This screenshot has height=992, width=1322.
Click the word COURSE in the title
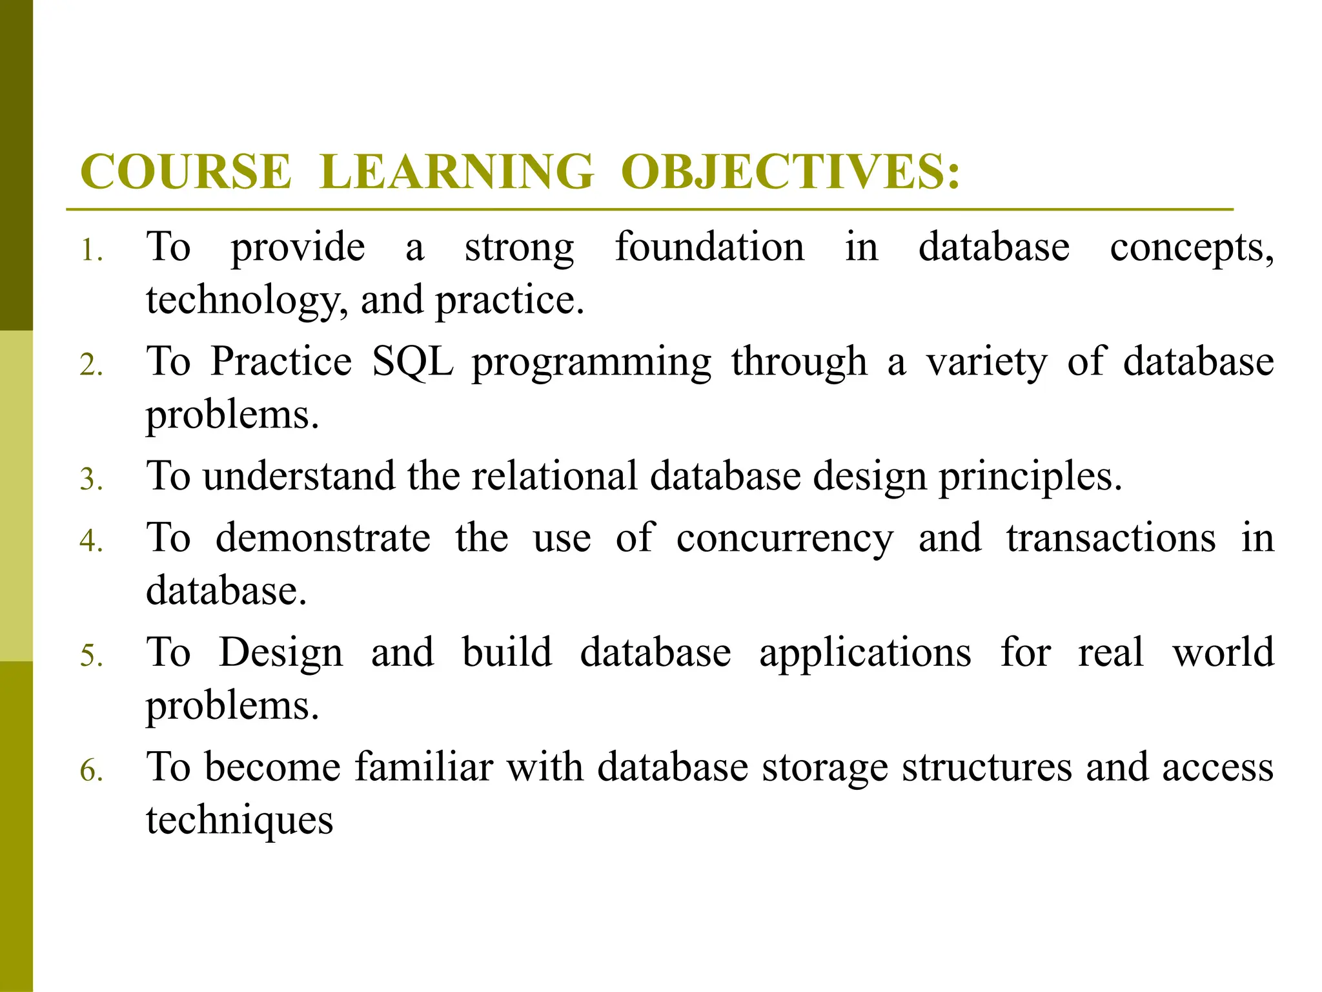pyautogui.click(x=186, y=172)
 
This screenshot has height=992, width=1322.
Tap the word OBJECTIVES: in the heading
pyautogui.click(x=790, y=172)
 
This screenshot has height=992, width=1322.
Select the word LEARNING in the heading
pyautogui.click(x=456, y=172)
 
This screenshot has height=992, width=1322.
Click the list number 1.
pyautogui.click(x=91, y=250)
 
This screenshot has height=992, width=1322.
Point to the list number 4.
pyautogui.click(x=91, y=541)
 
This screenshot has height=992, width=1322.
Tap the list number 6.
pyautogui.click(x=91, y=770)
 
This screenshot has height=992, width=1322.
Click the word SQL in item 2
pyautogui.click(x=413, y=361)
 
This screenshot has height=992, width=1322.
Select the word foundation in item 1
pyautogui.click(x=709, y=247)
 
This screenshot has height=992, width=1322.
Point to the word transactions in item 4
pyautogui.click(x=1111, y=538)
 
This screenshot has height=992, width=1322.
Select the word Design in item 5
pyautogui.click(x=281, y=653)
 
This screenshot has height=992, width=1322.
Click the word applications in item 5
pyautogui.click(x=865, y=653)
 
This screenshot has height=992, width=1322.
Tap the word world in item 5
pyautogui.click(x=1223, y=652)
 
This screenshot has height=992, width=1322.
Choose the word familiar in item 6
pyautogui.click(x=424, y=767)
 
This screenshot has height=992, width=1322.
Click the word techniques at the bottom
pyautogui.click(x=239, y=821)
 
